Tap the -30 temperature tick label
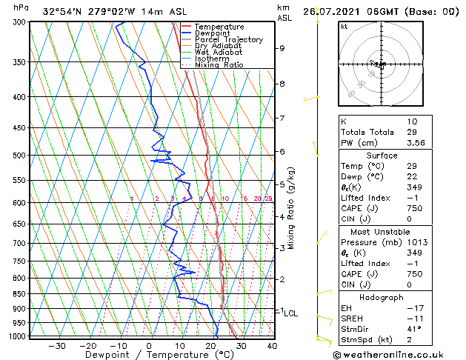[x=57, y=345]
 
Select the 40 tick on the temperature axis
[x=272, y=345]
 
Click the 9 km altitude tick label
[x=282, y=48]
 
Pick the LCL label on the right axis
[x=290, y=313]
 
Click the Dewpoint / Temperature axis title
[x=150, y=355]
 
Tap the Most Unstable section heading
[x=382, y=232]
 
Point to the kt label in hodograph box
[x=344, y=26]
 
